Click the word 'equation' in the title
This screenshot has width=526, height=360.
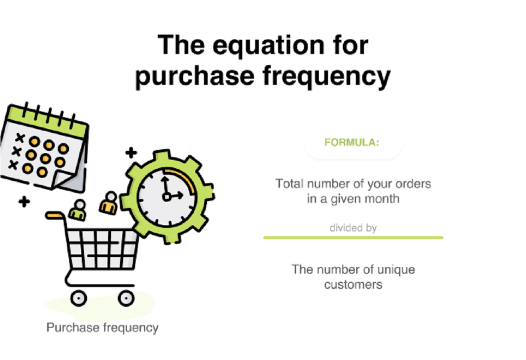tap(269, 46)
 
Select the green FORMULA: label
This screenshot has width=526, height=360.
tap(352, 143)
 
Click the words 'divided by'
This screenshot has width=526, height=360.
tap(353, 228)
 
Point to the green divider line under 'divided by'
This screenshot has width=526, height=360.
tap(353, 238)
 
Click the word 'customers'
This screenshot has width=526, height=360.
tap(353, 285)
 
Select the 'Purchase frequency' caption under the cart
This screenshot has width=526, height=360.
tap(102, 327)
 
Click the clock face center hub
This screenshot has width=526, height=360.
tap(166, 197)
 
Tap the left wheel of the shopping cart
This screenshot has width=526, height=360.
tap(79, 298)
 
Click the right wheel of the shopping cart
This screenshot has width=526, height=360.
tap(126, 298)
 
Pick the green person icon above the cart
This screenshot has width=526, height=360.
tap(78, 210)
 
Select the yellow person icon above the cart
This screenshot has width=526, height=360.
tap(109, 203)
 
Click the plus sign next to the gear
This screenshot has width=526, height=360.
tap(131, 153)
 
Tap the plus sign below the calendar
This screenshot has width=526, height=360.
tap(24, 202)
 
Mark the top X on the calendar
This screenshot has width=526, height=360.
tap(20, 138)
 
